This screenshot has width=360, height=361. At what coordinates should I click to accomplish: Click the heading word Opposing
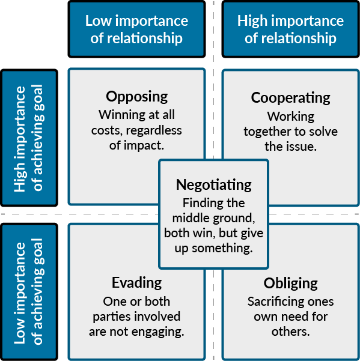pyautogui.click(x=137, y=97)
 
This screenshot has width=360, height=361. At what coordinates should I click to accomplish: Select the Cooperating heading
pyautogui.click(x=291, y=99)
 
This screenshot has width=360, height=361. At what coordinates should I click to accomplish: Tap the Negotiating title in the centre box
pyautogui.click(x=214, y=185)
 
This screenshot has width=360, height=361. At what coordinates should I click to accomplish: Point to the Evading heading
pyautogui.click(x=137, y=283)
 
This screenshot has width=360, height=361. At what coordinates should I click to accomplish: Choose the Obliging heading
pyautogui.click(x=291, y=284)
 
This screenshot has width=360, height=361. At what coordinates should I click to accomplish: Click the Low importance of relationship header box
pyautogui.click(x=137, y=29)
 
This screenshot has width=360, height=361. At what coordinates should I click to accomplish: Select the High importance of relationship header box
pyautogui.click(x=290, y=29)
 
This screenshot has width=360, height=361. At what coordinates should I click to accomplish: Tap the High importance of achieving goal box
pyautogui.click(x=29, y=138)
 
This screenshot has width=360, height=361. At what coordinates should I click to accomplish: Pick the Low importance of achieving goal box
pyautogui.click(x=29, y=291)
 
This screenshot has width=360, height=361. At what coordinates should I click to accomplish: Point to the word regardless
pyautogui.click(x=154, y=130)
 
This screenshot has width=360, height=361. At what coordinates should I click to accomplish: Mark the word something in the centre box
pyautogui.click(x=222, y=248)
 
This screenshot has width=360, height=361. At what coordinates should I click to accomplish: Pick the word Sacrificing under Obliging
pyautogui.click(x=271, y=302)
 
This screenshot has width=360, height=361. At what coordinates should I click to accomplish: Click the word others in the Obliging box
pyautogui.click(x=290, y=332)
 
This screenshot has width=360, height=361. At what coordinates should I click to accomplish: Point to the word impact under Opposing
pyautogui.click(x=144, y=146)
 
